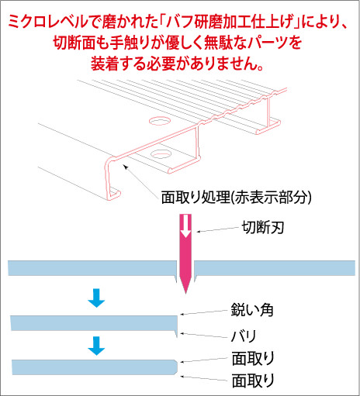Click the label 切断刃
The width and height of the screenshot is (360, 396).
tap(263, 228)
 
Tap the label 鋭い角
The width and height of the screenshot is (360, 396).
tap(252, 309)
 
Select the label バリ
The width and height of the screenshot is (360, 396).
tap(244, 336)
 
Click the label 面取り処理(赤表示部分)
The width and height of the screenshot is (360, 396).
tap(237, 198)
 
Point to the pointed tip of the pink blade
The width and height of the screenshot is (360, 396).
tap(185, 294)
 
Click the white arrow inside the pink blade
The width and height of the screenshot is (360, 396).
tap(185, 226)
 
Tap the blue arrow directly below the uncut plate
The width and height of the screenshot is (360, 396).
tap(96, 298)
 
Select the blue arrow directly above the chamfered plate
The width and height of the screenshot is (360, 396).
tap(96, 346)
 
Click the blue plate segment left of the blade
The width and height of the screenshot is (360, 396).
tap(92, 269)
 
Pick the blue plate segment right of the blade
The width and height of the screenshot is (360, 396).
tap(275, 268)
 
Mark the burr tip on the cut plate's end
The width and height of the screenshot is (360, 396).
tap(177, 336)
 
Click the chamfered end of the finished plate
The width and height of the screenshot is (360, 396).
tap(175, 367)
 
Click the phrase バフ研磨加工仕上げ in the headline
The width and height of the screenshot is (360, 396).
tap(230, 22)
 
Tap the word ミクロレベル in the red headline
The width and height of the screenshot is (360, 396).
tap(48, 22)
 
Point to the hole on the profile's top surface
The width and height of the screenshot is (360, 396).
tap(159, 120)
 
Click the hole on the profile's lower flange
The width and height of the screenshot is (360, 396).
tap(161, 154)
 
